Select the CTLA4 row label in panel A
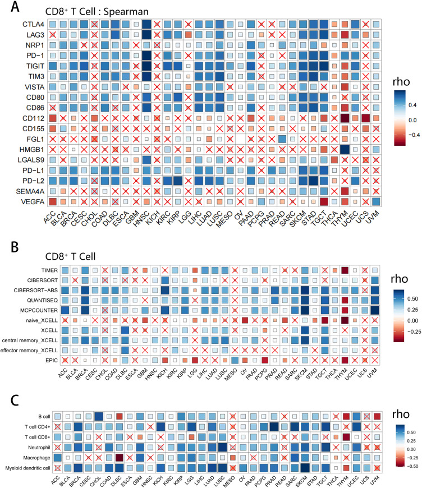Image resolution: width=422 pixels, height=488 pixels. [x=31, y=24]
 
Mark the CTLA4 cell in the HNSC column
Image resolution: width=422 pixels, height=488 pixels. [x=147, y=24]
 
